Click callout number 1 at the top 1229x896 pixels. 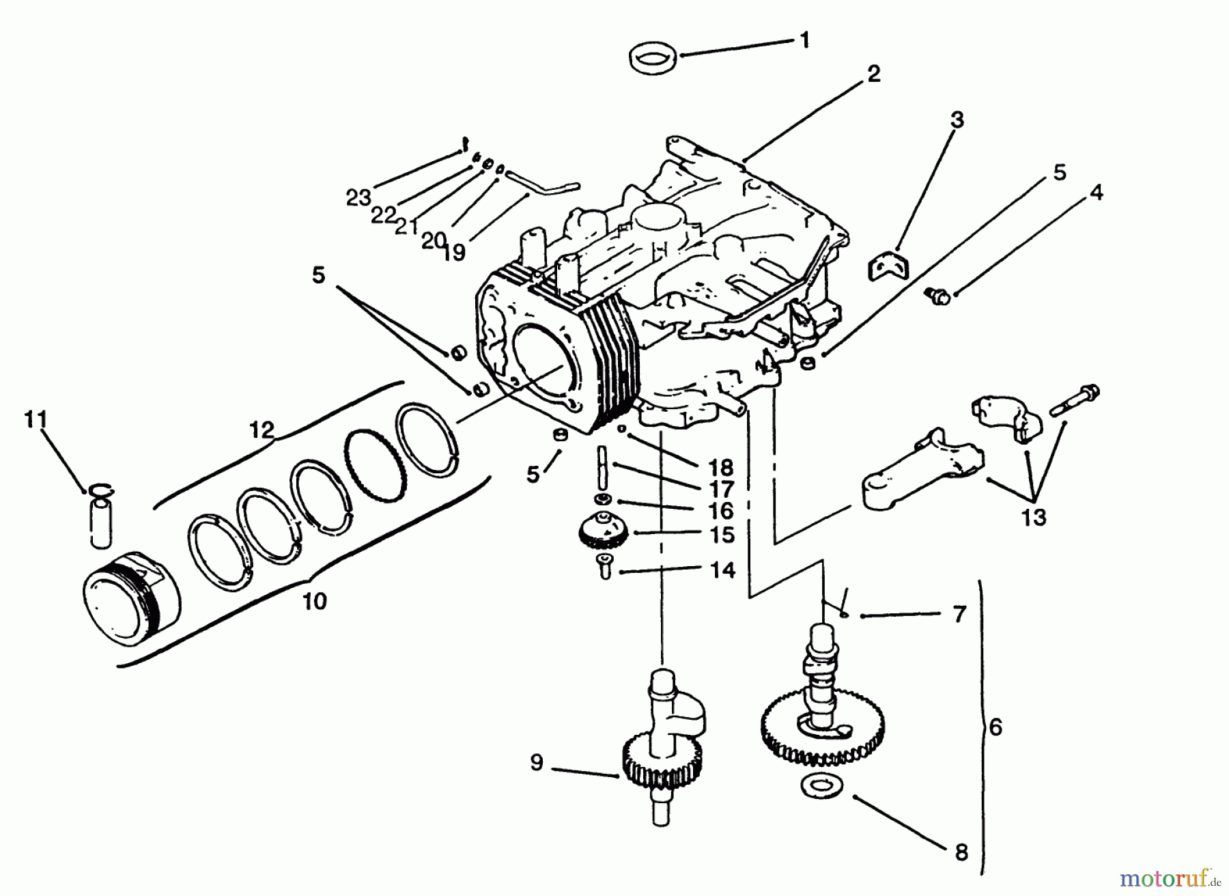[x=805, y=40]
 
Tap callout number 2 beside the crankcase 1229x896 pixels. [x=874, y=74]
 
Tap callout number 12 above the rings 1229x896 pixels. [x=262, y=430]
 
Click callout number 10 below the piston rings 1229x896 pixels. [x=314, y=602]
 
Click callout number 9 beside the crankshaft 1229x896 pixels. [x=537, y=762]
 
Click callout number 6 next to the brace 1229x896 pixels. [x=995, y=728]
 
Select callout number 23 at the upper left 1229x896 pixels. [x=358, y=198]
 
